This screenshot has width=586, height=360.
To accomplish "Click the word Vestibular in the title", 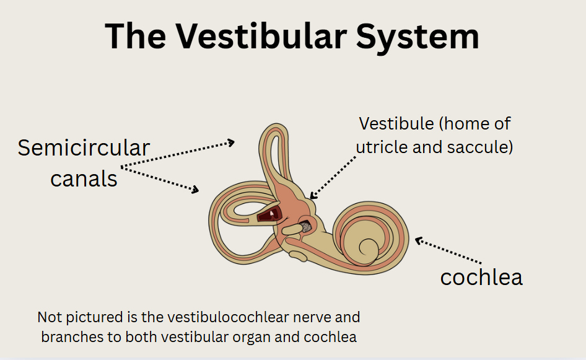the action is tap(261, 37).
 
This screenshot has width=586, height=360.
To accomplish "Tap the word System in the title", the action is tap(418, 37).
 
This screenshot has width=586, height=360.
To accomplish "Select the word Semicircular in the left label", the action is tap(84, 147).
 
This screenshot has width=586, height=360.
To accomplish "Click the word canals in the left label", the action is tap(84, 178).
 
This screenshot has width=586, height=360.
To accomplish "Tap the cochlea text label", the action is tap(481, 278).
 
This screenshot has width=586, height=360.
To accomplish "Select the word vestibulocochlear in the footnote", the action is tap(228, 317).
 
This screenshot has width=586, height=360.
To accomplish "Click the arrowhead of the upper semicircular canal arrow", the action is tap(231, 143).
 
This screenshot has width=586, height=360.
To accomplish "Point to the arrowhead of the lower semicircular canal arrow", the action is tap(196, 190).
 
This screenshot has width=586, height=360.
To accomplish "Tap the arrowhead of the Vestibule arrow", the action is tap(313, 196).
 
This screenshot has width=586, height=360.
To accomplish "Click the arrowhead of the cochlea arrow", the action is tap(419, 240).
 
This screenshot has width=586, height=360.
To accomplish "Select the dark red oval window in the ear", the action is tap(270, 214).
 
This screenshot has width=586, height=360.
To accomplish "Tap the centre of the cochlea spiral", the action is tap(368, 247).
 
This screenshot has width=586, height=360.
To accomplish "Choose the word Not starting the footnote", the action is tap(50, 317).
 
